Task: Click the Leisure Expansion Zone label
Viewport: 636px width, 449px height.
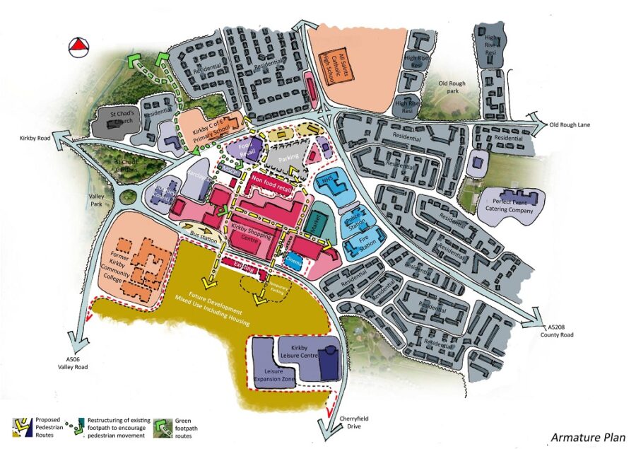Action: (269, 375)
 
